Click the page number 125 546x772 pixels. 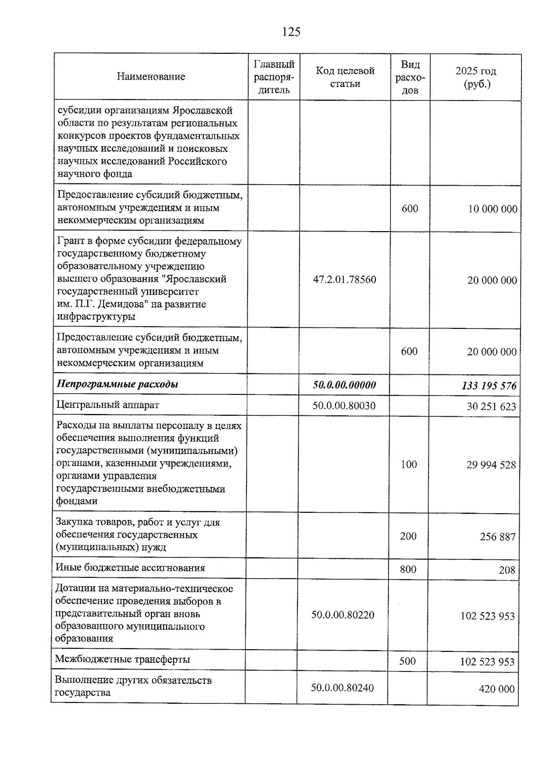pos(291,32)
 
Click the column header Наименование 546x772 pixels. pos(151,76)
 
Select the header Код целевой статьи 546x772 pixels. pos(345,77)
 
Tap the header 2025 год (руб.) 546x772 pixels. pos(475,77)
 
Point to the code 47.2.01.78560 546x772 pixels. pos(344,279)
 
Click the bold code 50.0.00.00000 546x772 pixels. pos(344,385)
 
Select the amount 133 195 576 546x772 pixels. pos(489,386)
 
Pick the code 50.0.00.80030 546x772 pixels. pos(344,405)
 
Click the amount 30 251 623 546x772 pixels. pos(491,406)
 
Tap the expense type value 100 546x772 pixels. pos(409,464)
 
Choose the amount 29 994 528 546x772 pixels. pos(491,465)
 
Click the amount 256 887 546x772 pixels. pos(498,537)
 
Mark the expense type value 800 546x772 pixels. pos(408,569)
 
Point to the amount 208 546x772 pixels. pos(507,570)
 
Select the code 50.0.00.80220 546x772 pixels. pos(343,615)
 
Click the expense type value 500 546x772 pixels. pos(407,661)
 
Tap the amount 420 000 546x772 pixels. pos(496,689)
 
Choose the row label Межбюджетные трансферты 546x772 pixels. pos(122,659)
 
